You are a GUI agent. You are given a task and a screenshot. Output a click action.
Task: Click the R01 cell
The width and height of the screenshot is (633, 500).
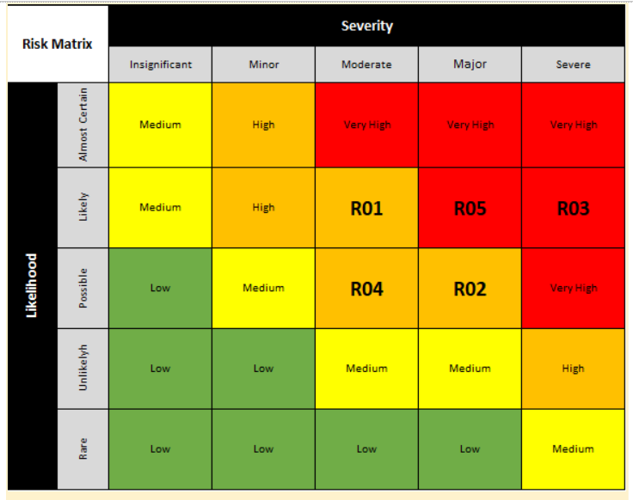pos(366,208)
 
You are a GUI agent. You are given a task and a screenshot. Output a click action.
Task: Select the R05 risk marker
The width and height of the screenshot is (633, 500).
pos(470,208)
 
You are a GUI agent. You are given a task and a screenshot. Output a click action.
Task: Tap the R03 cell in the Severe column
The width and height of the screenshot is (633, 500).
pos(573,208)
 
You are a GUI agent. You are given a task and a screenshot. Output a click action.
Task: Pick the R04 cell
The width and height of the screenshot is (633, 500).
pos(366,289)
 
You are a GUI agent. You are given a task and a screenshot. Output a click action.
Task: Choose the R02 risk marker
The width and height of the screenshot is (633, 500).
pos(470,289)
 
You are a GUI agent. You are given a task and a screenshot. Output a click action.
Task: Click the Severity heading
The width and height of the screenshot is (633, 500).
pos(366,26)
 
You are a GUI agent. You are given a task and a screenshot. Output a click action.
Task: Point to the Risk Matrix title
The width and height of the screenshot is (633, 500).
pos(58,43)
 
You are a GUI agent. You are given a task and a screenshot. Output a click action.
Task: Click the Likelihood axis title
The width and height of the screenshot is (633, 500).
pos(32,285)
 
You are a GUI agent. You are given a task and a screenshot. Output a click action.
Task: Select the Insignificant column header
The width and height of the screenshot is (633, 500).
pos(160,64)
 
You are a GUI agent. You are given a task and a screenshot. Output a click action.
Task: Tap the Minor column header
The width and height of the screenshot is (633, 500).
pos(263,64)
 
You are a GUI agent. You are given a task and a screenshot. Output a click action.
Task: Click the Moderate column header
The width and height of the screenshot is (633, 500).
pos(366,64)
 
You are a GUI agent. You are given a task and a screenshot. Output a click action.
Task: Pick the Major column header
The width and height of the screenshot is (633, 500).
pos(470,64)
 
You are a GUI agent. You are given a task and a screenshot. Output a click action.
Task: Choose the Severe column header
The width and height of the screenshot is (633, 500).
pos(573,64)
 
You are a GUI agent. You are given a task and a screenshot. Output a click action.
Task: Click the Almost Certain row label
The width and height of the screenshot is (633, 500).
pos(83,125)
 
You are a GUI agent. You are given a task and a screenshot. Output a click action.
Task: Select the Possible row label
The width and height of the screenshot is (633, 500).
pos(83,289)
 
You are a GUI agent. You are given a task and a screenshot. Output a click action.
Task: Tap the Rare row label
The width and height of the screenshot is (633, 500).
pos(83,448)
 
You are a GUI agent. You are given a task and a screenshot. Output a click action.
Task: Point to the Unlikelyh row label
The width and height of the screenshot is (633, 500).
pos(83,369)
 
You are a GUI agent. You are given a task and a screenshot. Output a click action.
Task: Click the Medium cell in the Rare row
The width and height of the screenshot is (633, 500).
pos(573,448)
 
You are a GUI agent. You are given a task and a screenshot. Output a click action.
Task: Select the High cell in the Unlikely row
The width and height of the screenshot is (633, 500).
pos(573,369)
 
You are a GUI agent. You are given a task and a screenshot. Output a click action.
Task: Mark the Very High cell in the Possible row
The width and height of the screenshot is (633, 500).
pos(573,289)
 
